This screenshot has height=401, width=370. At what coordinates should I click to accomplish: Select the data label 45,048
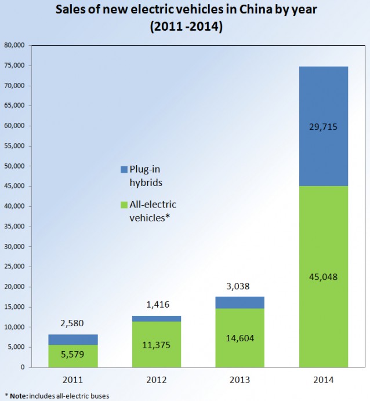[324, 276]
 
